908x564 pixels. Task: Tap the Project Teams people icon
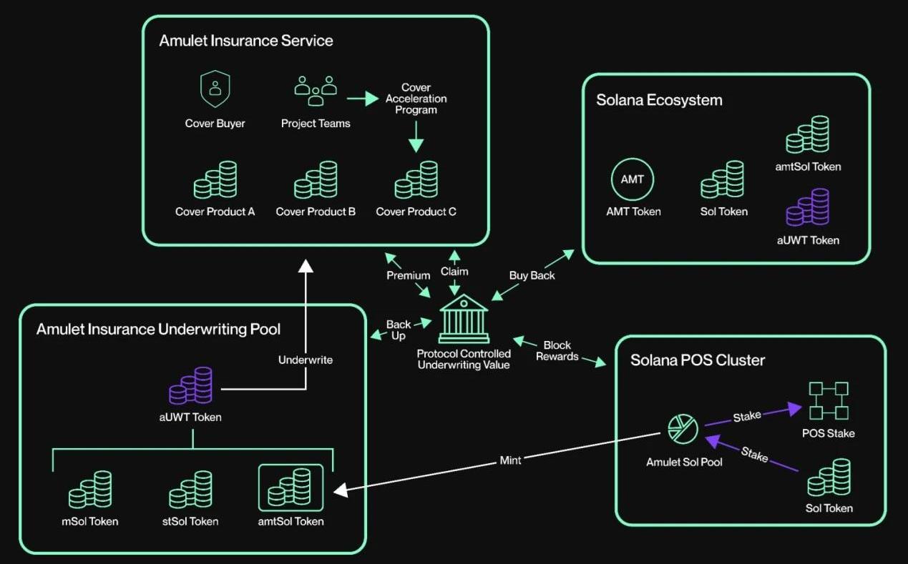click(316, 90)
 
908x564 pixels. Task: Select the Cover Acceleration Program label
click(416, 99)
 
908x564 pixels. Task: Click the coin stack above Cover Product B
click(316, 180)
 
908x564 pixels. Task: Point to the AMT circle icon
click(633, 179)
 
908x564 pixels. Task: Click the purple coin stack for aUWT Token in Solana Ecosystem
click(808, 207)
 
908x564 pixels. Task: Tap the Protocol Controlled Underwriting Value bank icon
click(464, 320)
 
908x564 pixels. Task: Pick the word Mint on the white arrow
click(510, 461)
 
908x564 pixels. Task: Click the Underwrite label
click(306, 360)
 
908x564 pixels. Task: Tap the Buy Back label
click(532, 275)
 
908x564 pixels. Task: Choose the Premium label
click(409, 275)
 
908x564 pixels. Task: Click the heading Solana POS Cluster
click(697, 360)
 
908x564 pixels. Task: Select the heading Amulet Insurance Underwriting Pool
click(158, 329)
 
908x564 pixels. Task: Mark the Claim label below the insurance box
click(454, 271)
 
